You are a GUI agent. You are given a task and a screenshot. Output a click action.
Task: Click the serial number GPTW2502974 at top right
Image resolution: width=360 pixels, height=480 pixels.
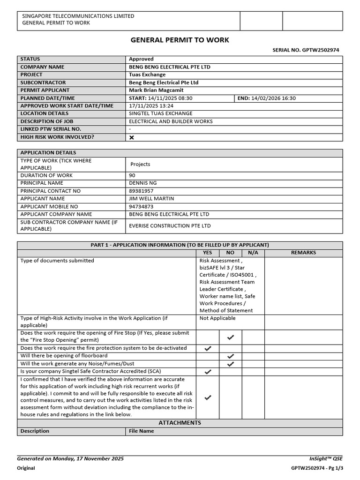point(321,50)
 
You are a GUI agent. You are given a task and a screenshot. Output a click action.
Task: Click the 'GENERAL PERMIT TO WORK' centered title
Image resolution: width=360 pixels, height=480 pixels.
point(180,40)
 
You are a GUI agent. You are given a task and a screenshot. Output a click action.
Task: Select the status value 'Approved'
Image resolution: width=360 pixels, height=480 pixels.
point(141,59)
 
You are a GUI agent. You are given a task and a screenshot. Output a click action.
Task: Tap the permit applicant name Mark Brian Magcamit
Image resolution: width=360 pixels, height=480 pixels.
point(156,90)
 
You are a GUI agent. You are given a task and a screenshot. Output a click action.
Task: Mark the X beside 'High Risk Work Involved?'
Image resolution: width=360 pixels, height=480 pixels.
point(132,137)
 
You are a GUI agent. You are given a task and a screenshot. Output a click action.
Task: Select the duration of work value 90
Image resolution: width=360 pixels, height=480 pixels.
point(132,175)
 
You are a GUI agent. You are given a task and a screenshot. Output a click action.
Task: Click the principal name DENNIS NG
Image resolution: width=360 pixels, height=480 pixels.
point(143,183)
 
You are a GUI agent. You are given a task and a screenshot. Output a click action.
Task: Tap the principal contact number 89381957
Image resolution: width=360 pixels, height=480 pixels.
point(141,191)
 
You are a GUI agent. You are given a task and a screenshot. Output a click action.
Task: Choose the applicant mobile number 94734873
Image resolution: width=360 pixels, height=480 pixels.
point(141,206)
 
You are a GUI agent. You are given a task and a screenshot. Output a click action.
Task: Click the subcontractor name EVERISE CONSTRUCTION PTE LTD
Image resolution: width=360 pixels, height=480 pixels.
point(170,226)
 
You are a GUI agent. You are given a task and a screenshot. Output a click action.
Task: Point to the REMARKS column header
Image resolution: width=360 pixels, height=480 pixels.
point(303,253)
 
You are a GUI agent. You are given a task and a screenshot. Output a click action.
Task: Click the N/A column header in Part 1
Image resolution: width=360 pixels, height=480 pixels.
point(253,253)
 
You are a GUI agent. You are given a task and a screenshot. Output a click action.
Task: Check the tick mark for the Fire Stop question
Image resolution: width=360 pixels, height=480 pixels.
point(230,337)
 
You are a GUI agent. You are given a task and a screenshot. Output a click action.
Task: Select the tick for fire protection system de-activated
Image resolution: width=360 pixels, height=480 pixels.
point(208,348)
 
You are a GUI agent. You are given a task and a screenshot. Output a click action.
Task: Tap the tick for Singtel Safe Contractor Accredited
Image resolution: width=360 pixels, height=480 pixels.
point(208,372)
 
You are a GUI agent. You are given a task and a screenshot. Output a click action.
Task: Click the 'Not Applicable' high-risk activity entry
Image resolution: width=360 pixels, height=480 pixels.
point(217,318)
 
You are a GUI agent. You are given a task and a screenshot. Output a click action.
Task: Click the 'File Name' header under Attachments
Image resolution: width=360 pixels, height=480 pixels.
point(142,431)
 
